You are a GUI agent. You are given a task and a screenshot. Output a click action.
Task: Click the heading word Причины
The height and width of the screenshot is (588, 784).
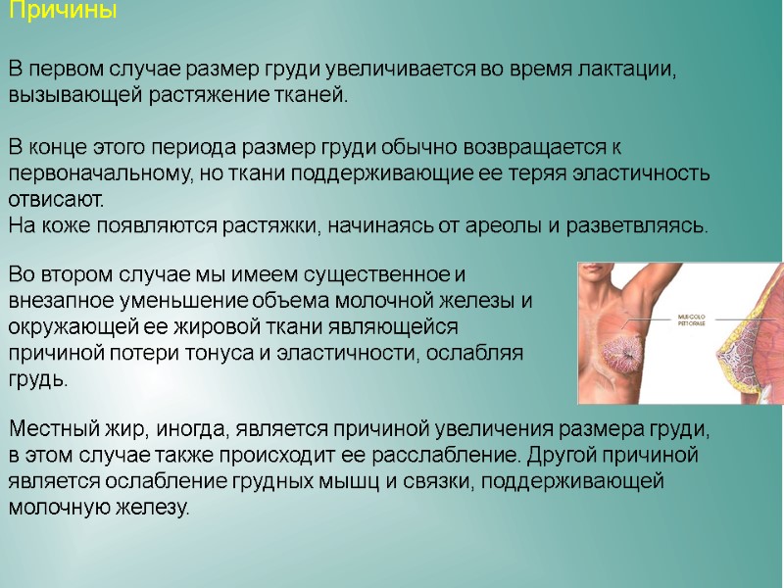point(63,13)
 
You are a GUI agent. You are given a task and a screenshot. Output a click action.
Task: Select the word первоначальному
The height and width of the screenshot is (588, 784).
point(95,173)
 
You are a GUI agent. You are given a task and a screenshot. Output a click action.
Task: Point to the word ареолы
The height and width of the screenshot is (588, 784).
point(506,224)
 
